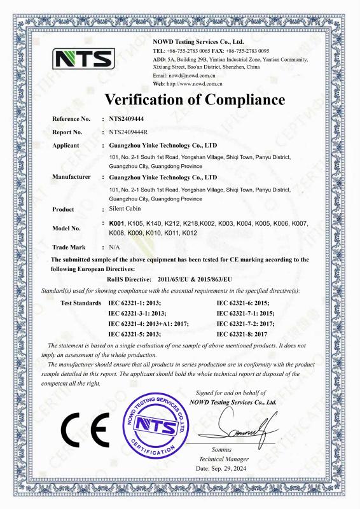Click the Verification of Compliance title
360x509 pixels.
194,99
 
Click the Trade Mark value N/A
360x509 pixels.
115,246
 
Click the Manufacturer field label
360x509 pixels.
71,177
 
